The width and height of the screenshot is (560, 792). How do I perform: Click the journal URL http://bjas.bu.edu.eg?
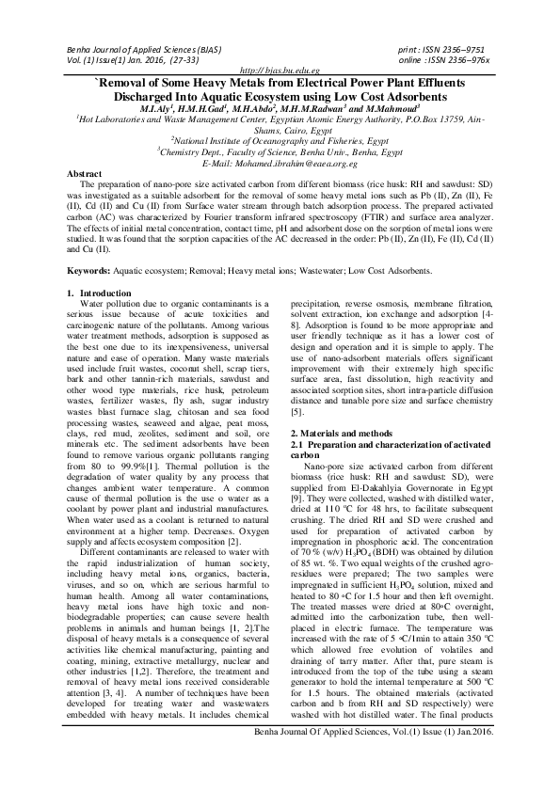coord(280,71)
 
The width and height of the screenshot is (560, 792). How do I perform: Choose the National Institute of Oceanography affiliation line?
coord(280,141)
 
